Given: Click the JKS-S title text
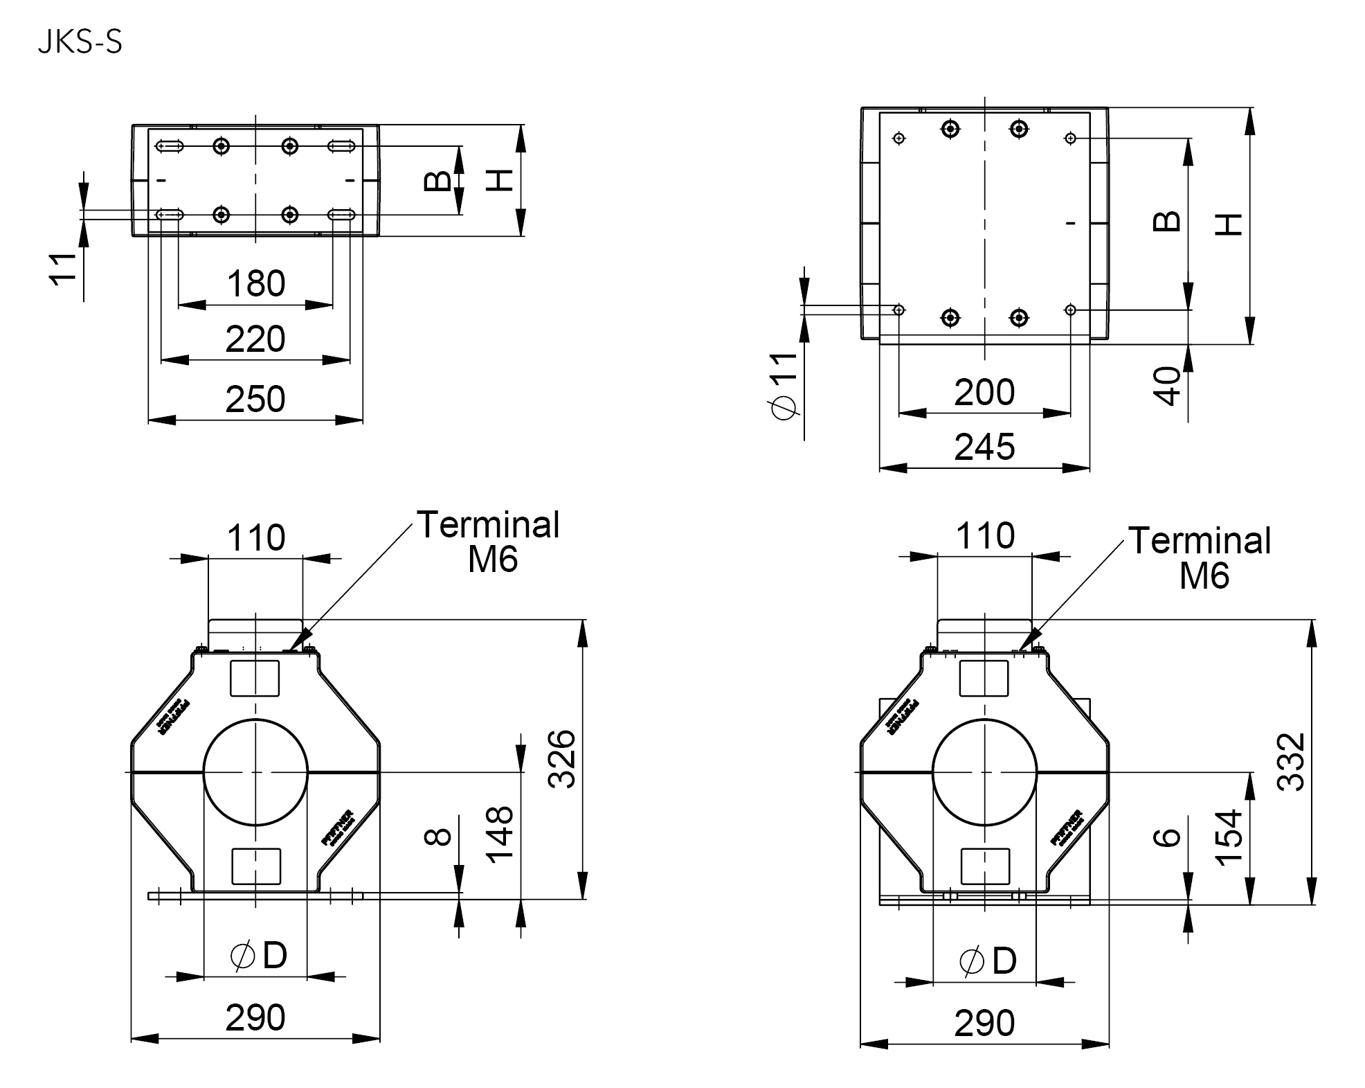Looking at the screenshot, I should (80, 43).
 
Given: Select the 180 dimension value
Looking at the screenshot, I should (255, 284).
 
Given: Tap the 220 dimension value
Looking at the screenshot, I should (255, 339).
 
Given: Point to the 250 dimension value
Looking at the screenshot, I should (255, 400).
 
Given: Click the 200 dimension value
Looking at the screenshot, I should (984, 393).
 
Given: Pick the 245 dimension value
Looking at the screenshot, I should (984, 447).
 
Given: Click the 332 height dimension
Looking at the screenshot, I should (1291, 761).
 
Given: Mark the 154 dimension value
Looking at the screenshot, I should (1229, 837).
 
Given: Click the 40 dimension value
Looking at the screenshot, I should (1168, 386).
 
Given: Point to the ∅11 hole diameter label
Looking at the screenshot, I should (784, 385).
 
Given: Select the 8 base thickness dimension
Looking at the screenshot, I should (437, 837).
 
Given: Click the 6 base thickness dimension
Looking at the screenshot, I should (1168, 837).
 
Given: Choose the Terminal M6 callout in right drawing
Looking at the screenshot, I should (1200, 558).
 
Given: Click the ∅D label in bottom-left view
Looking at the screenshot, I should (258, 956).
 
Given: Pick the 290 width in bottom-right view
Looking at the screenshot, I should (984, 1023).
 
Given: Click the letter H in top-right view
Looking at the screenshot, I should (1229, 224).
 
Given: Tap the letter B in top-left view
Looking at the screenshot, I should (437, 181).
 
